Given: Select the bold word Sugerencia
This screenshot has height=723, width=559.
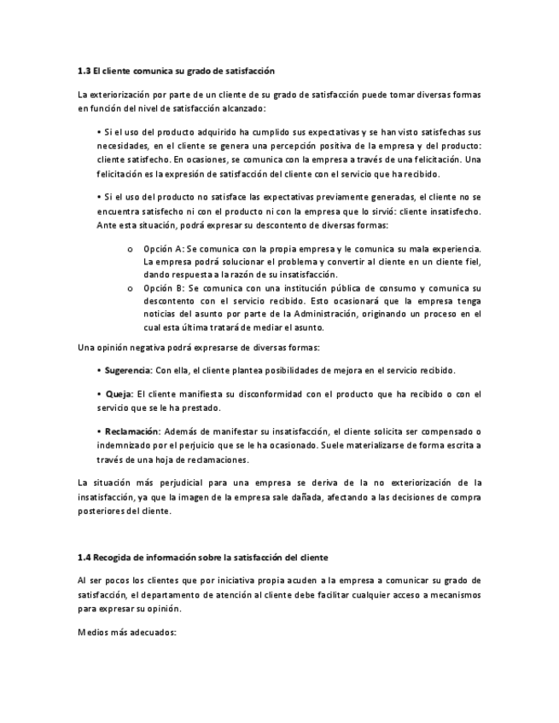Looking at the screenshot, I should click(128, 370).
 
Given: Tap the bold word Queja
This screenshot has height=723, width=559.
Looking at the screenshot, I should click(119, 394).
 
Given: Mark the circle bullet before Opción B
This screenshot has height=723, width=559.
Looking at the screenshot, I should click(129, 289).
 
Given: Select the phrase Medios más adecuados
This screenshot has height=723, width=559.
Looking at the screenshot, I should click(126, 633).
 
